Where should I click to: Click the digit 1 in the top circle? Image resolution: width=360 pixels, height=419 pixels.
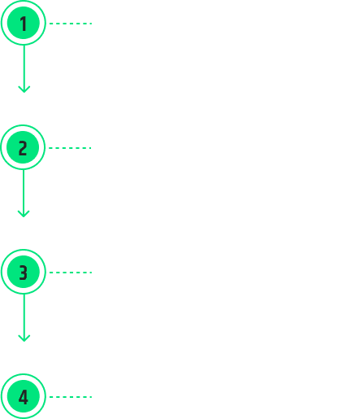point(24,24)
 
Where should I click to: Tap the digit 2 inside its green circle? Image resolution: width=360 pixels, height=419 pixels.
point(23,148)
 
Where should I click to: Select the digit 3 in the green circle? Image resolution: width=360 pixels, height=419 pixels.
point(24,273)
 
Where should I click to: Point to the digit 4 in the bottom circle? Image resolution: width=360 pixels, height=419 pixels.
point(24,397)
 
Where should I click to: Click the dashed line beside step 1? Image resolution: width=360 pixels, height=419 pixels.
point(71,24)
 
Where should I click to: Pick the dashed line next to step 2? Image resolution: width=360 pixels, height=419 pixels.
point(70,148)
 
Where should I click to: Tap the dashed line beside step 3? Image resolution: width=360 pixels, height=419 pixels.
point(71,273)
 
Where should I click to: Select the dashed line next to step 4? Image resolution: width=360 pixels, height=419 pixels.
point(71,397)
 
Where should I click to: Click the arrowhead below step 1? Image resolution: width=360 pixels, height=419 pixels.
point(24,89)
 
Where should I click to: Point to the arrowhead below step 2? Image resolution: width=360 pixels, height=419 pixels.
point(24,214)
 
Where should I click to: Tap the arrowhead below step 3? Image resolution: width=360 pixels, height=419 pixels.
point(24,338)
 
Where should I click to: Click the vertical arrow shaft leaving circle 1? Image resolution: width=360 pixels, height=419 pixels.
point(24,68)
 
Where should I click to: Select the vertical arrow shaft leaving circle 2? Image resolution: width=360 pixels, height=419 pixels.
point(24,193)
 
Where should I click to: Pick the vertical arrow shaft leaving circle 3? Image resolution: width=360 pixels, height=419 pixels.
point(24,317)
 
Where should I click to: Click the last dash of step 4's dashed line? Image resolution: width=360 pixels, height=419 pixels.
point(91,397)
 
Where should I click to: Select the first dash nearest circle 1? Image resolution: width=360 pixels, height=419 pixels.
point(51,24)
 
